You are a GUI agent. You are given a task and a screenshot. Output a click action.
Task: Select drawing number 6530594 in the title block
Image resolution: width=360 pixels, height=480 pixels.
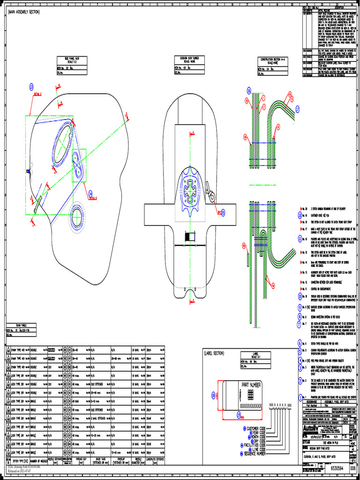tap(339, 468)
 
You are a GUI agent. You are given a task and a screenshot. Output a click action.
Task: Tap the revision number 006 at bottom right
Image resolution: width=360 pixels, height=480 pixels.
tap(353, 468)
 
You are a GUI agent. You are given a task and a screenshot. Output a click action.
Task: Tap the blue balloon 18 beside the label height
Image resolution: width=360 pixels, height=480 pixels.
tap(213, 395)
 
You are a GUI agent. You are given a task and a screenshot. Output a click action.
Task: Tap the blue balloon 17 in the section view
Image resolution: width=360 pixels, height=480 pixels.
tap(297, 107)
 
